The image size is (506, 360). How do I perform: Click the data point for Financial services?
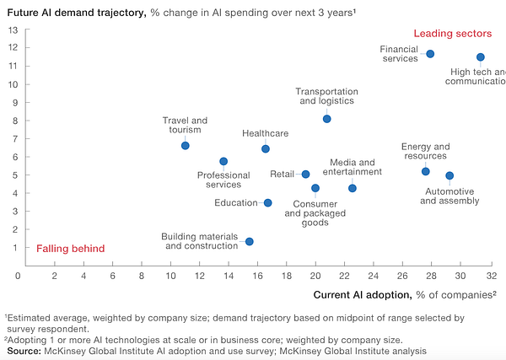click(x=430, y=54)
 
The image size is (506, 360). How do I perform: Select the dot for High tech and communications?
click(x=481, y=57)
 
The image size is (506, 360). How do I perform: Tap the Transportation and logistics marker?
click(x=326, y=119)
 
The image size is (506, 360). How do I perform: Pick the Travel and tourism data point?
click(x=186, y=146)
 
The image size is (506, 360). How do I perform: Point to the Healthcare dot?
click(x=266, y=149)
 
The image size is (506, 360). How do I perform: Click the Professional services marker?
click(x=223, y=161)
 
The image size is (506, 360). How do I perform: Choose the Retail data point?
click(x=305, y=175)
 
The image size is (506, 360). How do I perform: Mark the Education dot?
click(x=268, y=203)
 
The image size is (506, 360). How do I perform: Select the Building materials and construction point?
click(x=249, y=242)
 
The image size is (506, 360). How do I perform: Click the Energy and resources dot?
click(x=426, y=172)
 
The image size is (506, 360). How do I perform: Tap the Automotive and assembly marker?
click(x=449, y=176)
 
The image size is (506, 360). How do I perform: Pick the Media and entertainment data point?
click(x=353, y=188)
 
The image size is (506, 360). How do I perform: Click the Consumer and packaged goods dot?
click(x=315, y=188)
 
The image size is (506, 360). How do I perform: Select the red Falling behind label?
click(x=71, y=249)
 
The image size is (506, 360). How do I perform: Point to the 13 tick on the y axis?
click(x=13, y=30)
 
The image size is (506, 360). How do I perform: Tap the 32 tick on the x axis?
click(x=492, y=275)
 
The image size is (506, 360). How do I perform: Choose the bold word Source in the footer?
click(x=24, y=350)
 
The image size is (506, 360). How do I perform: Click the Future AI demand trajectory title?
click(x=78, y=12)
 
